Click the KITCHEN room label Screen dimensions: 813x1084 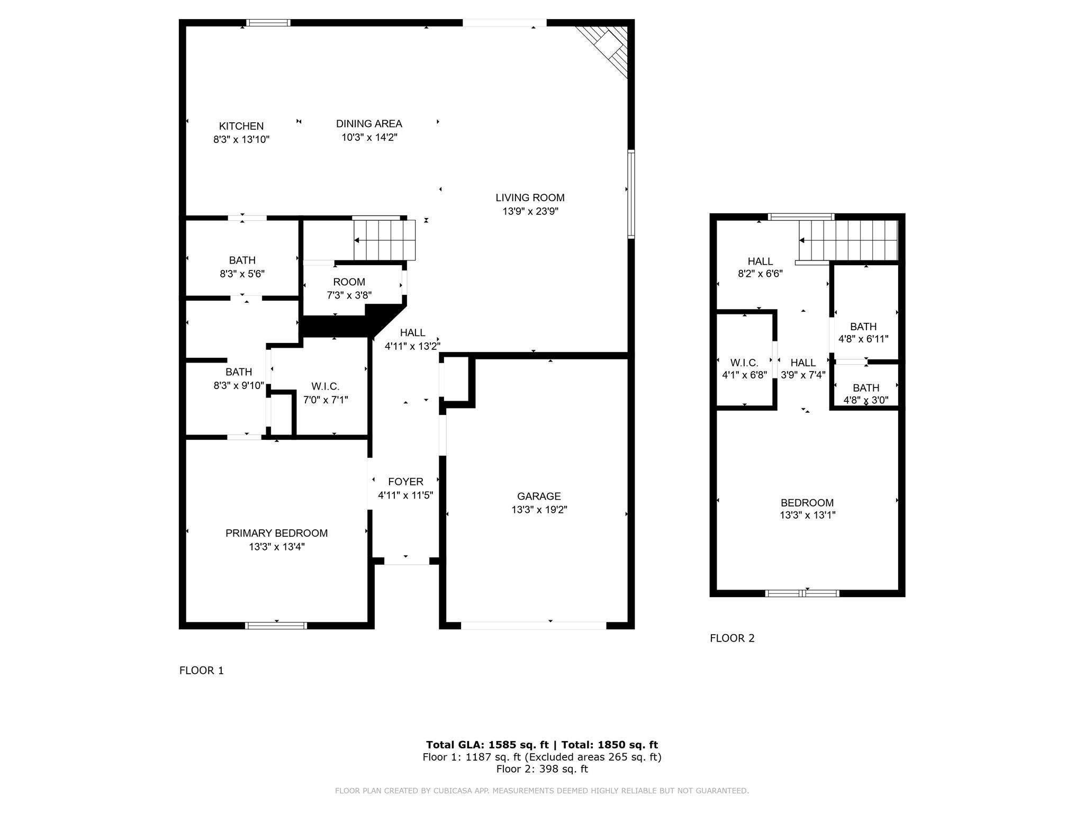click(x=241, y=126)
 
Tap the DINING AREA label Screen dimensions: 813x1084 click(x=369, y=123)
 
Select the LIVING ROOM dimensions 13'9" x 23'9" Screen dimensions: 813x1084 click(x=530, y=211)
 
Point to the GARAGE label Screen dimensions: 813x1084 click(x=539, y=496)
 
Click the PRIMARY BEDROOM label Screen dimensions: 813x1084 click(x=276, y=533)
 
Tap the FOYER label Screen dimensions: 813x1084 click(x=405, y=482)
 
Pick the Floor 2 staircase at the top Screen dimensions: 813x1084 click(x=848, y=240)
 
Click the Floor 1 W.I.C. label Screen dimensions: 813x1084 click(x=325, y=386)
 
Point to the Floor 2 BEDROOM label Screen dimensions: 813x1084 click(x=807, y=503)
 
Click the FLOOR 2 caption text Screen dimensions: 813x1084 click(x=732, y=638)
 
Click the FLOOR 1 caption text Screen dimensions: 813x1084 click(x=201, y=671)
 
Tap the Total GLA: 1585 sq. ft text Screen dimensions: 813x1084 click(x=487, y=745)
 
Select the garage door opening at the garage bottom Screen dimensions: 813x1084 click(x=533, y=625)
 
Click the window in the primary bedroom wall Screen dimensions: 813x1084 click(x=276, y=626)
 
